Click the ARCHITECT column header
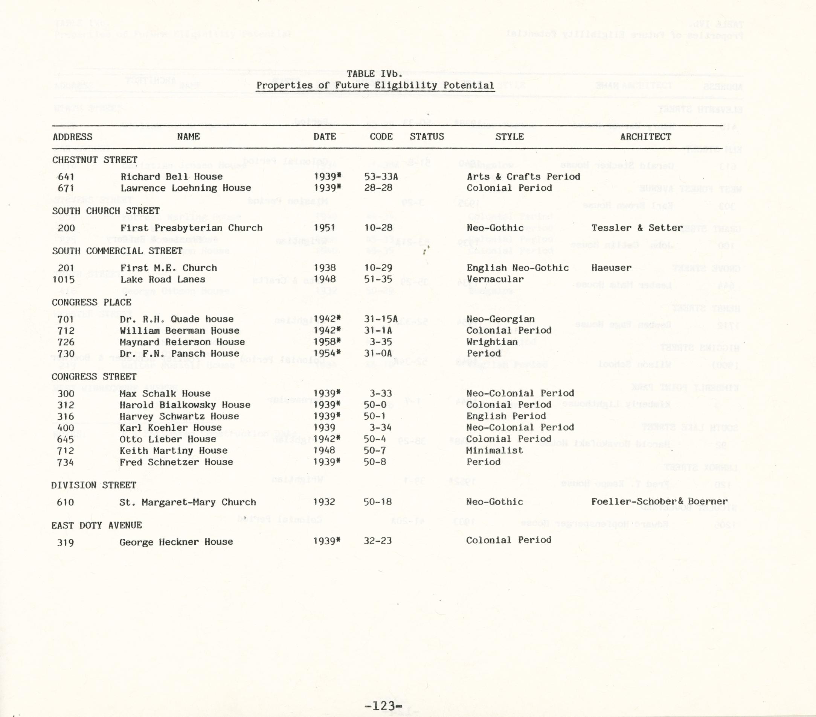(645, 137)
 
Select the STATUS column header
(427, 137)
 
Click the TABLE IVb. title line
(374, 74)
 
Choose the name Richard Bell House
(172, 177)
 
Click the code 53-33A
(381, 177)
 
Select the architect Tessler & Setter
(637, 228)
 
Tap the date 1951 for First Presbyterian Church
(324, 228)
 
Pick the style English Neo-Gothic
(517, 268)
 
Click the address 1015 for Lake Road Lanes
(64, 280)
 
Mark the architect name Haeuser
(611, 268)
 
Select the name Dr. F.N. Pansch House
(179, 354)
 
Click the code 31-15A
(381, 319)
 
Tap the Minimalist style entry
(494, 451)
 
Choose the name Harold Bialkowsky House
(185, 405)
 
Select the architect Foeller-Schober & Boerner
(659, 502)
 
